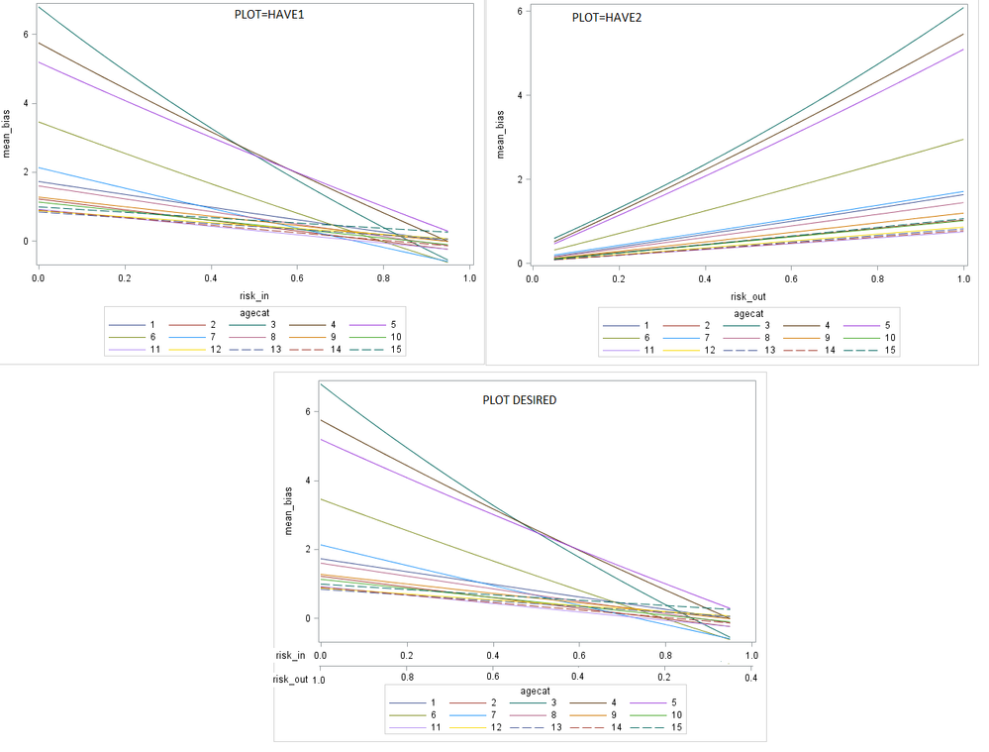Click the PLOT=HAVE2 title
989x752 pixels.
(x=607, y=18)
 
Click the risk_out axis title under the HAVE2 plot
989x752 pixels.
(x=749, y=296)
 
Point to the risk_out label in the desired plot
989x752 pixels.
(x=291, y=679)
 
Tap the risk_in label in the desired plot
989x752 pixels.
(x=291, y=655)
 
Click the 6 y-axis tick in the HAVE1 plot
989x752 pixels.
(x=27, y=35)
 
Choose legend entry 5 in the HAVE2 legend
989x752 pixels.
(x=877, y=325)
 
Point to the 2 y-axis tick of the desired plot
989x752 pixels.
(x=307, y=549)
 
